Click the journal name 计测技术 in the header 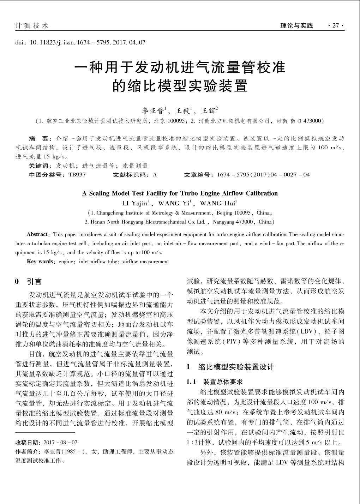pyautogui.click(x=32, y=25)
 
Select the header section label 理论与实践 pyautogui.click(x=296, y=25)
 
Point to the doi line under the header pyautogui.click(x=80, y=42)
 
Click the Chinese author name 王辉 pyautogui.click(x=209, y=111)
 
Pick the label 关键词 pyautogui.click(x=40, y=166)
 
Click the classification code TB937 pyautogui.click(x=77, y=175)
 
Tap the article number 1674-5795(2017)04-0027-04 pyautogui.click(x=263, y=175)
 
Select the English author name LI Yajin pyautogui.click(x=136, y=203)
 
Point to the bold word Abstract pyautogui.click(x=37, y=234)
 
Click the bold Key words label pyautogui.click(x=40, y=262)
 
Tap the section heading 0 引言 pyautogui.click(x=29, y=282)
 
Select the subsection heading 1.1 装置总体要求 pyautogui.click(x=215, y=382)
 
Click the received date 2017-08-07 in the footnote pyautogui.click(x=60, y=443)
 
